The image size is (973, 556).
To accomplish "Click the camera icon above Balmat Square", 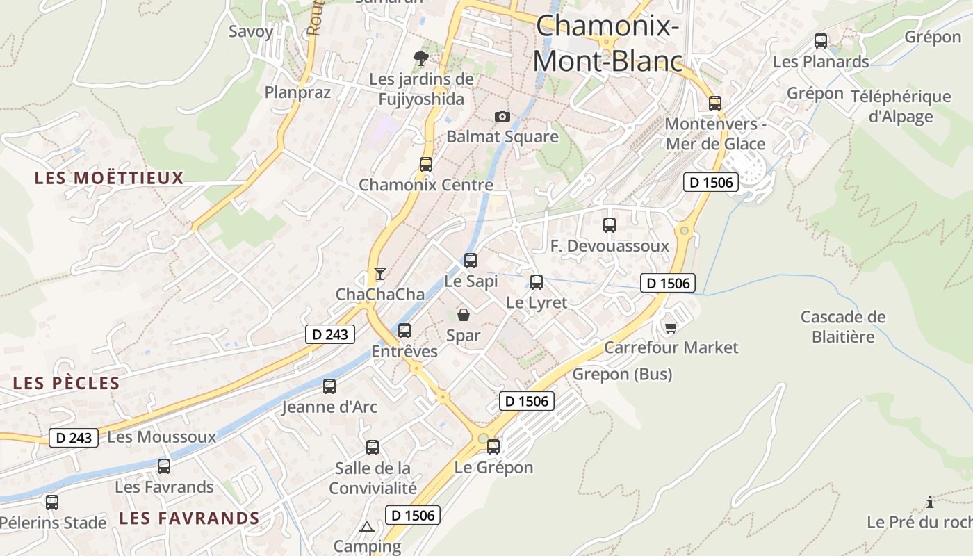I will [x=502, y=116].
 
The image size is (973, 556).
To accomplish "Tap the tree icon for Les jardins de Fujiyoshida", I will [x=420, y=57].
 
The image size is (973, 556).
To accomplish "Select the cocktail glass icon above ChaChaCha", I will [x=379, y=273].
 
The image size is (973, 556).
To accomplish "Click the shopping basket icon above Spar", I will [x=463, y=315].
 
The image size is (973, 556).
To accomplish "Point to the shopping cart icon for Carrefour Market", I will [x=671, y=327].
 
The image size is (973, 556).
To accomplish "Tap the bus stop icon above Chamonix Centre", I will [x=426, y=165].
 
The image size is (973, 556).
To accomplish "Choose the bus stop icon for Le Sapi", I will [x=471, y=261].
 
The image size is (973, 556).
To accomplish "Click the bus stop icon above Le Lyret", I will [x=537, y=282].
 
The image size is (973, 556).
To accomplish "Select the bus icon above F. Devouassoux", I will [x=610, y=225].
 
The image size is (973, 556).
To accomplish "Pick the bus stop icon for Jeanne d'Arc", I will [x=329, y=386].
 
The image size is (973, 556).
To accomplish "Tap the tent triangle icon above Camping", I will [x=367, y=527].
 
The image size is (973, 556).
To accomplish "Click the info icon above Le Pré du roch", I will [x=930, y=502].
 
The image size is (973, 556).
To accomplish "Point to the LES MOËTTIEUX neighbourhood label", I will [x=109, y=178].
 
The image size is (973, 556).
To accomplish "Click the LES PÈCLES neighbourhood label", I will [x=67, y=383].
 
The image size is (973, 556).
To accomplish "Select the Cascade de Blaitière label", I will [x=843, y=327].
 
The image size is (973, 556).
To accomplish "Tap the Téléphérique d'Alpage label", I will [x=901, y=106].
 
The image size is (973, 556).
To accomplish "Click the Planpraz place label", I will [x=297, y=92].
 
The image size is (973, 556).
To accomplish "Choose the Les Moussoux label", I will [x=162, y=436].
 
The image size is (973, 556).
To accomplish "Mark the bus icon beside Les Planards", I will [x=821, y=41].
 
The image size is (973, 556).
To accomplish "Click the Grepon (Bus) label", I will [x=622, y=375].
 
